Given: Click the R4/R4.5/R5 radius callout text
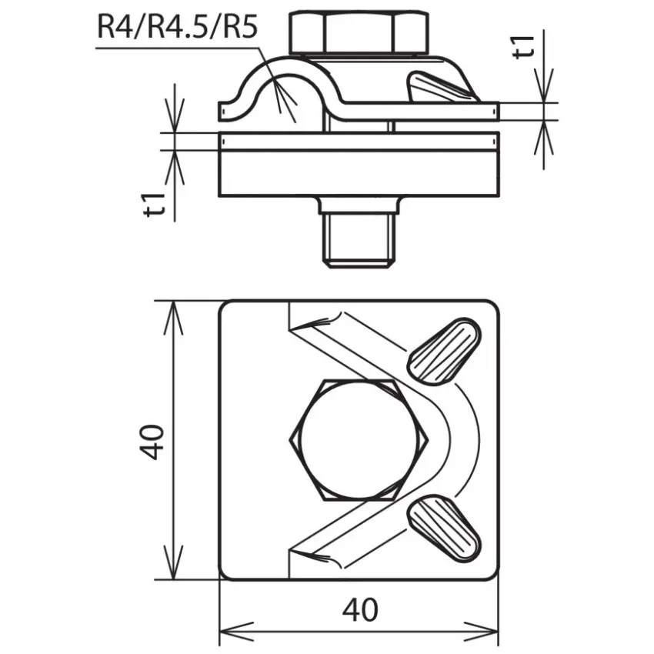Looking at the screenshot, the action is pyautogui.click(x=177, y=27).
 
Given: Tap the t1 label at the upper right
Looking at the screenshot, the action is pyautogui.click(x=524, y=47).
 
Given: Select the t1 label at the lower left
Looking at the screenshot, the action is pyautogui.click(x=155, y=205).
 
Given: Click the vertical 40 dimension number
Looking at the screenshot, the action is pyautogui.click(x=151, y=442).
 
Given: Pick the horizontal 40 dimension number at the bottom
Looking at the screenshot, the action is pyautogui.click(x=360, y=609).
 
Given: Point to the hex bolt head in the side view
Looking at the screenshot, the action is pyautogui.click(x=359, y=33).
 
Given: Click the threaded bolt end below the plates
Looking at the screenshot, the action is pyautogui.click(x=359, y=241).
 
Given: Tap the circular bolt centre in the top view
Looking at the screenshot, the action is pyautogui.click(x=359, y=439).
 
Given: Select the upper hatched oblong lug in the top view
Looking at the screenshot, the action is pyautogui.click(x=444, y=352).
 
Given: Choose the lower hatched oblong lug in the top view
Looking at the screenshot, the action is pyautogui.click(x=444, y=529).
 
